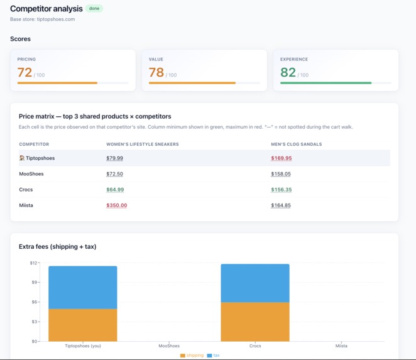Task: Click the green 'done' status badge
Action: click(94, 9)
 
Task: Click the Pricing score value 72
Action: click(25, 72)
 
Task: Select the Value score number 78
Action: click(156, 72)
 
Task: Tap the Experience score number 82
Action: click(288, 72)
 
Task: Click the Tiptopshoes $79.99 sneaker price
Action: click(114, 158)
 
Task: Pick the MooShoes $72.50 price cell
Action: click(114, 174)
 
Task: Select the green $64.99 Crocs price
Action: click(115, 190)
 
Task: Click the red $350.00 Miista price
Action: click(116, 205)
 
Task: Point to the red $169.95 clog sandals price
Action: click(281, 158)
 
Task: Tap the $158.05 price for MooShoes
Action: click(281, 174)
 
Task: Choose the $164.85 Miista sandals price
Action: click(281, 205)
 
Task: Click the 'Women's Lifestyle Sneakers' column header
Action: click(142, 145)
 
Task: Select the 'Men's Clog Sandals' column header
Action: click(296, 145)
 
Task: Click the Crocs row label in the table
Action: click(26, 190)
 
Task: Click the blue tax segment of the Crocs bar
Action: click(255, 283)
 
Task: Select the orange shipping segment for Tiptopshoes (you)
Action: click(83, 325)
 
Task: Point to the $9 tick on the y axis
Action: click(34, 283)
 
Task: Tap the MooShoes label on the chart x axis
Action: click(169, 346)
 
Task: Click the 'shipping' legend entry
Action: click(192, 356)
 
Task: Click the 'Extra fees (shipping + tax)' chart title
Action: click(57, 247)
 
